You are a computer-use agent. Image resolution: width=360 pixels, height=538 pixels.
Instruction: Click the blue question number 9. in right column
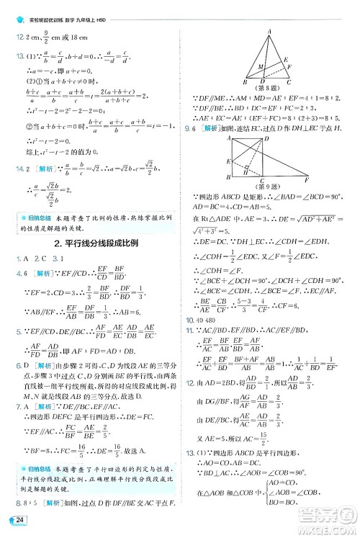187,130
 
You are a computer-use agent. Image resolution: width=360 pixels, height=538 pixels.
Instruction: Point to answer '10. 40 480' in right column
202,319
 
